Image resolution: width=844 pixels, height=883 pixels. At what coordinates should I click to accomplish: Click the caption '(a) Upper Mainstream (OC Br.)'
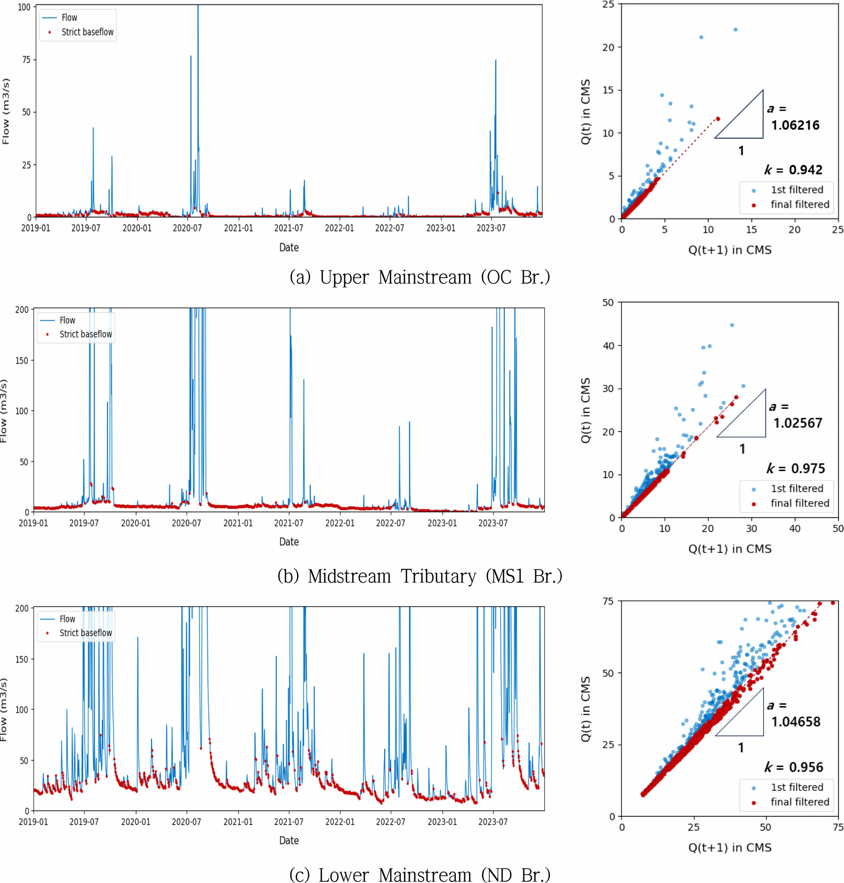click(x=420, y=277)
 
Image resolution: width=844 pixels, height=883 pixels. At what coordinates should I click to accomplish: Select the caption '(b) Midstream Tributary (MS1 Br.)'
click(x=420, y=576)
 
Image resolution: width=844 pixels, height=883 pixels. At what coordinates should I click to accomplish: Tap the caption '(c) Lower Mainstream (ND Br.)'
click(x=420, y=875)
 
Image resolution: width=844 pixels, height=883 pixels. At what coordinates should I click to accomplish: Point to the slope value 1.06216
click(x=795, y=125)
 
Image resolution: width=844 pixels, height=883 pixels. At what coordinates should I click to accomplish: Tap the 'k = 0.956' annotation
click(x=794, y=767)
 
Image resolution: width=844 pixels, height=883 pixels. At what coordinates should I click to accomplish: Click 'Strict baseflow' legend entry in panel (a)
click(x=87, y=32)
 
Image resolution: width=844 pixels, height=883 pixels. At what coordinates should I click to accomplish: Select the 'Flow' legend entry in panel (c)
click(x=67, y=619)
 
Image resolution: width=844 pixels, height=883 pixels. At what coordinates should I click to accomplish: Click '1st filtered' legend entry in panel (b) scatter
click(x=797, y=489)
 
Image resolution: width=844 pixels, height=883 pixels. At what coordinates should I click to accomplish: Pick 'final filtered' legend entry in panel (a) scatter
click(x=799, y=205)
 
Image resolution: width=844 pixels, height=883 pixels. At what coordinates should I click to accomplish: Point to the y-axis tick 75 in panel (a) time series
click(x=26, y=60)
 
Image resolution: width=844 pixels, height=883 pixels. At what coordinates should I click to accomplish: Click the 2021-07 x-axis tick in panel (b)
click(x=289, y=523)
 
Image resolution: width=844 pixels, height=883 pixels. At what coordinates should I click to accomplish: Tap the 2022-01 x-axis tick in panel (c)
click(x=340, y=822)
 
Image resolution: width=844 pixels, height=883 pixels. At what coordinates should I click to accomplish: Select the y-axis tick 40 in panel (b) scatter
click(x=608, y=346)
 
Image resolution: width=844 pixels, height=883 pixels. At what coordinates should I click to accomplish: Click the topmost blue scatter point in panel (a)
click(x=735, y=30)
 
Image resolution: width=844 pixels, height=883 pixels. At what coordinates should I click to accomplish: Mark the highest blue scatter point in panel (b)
click(x=732, y=325)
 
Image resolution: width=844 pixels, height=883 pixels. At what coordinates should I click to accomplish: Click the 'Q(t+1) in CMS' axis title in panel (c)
click(x=730, y=848)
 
